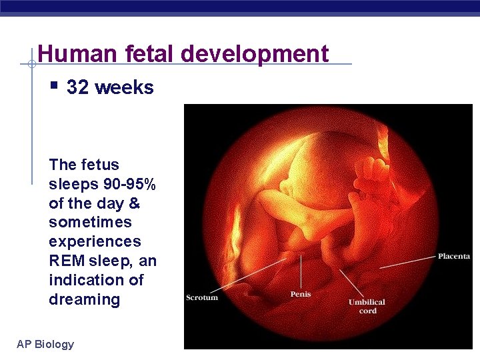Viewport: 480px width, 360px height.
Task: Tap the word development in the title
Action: tap(253, 53)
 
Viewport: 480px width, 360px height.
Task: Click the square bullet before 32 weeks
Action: tap(55, 86)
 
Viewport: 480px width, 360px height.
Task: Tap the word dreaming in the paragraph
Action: tap(84, 299)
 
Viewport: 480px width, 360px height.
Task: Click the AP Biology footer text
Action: tap(45, 344)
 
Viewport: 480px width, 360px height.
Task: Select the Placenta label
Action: tap(454, 256)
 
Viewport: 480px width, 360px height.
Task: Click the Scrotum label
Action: tap(202, 297)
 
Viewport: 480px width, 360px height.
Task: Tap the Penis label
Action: tap(301, 293)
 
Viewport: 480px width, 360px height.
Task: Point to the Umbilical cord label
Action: tap(367, 306)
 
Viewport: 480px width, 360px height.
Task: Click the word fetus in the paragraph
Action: tap(101, 165)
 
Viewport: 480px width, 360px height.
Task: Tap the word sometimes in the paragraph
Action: tap(91, 222)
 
